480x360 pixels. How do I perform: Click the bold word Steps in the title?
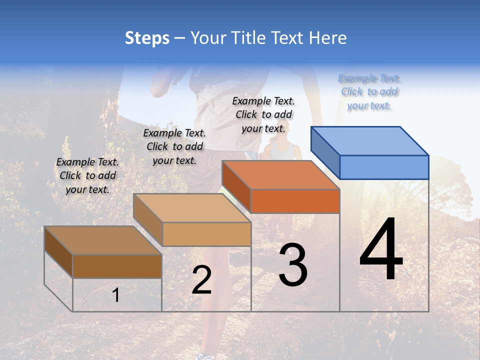147,38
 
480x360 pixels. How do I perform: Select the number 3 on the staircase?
292,265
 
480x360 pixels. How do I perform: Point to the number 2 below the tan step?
201,280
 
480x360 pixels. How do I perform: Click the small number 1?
115,295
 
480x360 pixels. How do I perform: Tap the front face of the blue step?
384,167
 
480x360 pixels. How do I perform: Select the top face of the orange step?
281,175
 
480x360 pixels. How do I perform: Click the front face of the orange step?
295,201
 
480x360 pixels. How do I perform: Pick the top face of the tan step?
192,208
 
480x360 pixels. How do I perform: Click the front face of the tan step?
206,234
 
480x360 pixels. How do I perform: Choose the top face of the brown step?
103,240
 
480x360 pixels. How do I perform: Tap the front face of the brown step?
117,266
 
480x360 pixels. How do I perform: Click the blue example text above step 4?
369,91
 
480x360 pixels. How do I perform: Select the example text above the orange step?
263,114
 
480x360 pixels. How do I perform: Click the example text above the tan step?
174,146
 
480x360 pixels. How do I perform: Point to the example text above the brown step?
87,175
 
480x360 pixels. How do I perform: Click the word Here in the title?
327,38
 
